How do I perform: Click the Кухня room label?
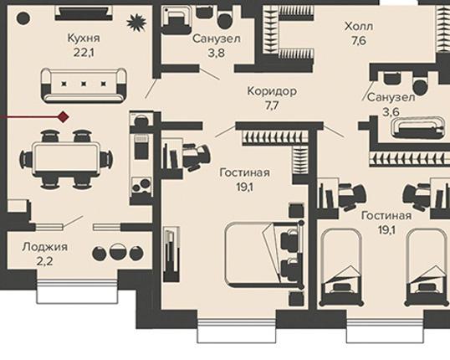[x=84, y=38]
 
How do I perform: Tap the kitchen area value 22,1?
[x=84, y=53]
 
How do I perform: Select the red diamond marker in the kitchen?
[x=63, y=117]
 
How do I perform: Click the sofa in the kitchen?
[x=84, y=85]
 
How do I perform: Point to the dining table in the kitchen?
[x=66, y=157]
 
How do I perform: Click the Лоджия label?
[x=45, y=247]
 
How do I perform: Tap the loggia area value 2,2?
[x=45, y=261]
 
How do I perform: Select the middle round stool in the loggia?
[x=118, y=252]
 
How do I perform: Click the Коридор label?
[x=272, y=91]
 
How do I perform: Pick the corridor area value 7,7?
[x=272, y=105]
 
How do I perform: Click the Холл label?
[x=359, y=27]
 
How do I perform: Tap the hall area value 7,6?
[x=359, y=41]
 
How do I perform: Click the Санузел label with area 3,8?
[x=217, y=39]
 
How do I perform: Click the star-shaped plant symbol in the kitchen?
[x=136, y=23]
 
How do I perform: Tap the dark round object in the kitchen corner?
[x=23, y=18]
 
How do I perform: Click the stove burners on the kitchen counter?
[x=141, y=186]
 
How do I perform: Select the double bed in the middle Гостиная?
[x=264, y=255]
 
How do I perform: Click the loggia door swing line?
[x=73, y=222]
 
